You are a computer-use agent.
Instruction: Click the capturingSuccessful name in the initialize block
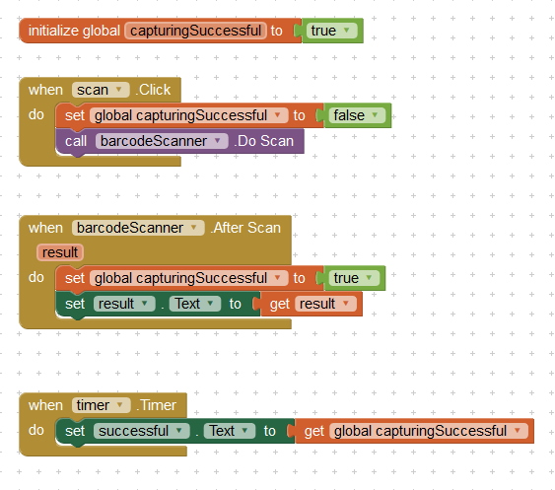(x=195, y=31)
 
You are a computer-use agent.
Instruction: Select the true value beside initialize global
(x=332, y=31)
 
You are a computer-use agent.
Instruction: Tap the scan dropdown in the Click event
(x=101, y=90)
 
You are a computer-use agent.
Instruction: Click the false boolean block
(x=357, y=115)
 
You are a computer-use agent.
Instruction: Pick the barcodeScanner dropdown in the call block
(x=162, y=141)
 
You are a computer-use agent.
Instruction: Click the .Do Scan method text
(x=263, y=141)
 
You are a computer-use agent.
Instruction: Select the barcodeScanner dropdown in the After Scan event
(x=138, y=228)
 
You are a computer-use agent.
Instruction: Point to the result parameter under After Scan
(x=60, y=252)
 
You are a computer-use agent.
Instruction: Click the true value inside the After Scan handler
(x=354, y=278)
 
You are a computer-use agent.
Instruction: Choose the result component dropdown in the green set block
(x=124, y=304)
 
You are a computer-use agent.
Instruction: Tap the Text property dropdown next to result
(x=195, y=304)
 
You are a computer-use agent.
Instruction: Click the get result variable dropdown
(x=325, y=304)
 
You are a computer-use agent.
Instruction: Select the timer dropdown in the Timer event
(x=102, y=405)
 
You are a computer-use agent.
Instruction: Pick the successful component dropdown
(x=142, y=431)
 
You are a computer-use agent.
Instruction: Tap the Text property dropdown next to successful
(x=230, y=431)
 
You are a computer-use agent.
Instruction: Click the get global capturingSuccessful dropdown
(x=429, y=431)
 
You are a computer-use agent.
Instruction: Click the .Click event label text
(x=153, y=90)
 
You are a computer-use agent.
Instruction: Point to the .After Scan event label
(x=245, y=228)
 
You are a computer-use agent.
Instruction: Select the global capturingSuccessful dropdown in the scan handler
(x=189, y=115)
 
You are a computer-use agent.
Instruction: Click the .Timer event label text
(x=157, y=405)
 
